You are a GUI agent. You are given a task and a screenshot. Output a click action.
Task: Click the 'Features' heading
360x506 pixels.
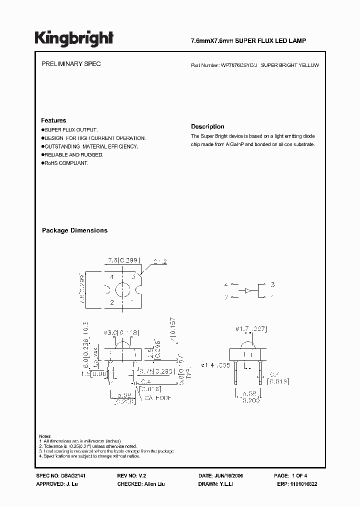coord(53,120)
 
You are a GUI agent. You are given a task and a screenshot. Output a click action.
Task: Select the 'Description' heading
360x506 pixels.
coord(207,126)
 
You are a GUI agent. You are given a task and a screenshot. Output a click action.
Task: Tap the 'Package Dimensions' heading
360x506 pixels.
coord(74,230)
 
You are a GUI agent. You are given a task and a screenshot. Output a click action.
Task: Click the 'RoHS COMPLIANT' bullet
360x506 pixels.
coord(66,163)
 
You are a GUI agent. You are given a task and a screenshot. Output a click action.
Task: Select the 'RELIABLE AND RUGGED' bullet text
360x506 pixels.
coord(73,155)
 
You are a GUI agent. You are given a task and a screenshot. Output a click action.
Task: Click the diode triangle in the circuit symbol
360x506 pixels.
coord(247,290)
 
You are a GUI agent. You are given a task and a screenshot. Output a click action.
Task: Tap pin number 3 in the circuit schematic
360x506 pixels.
coord(272,284)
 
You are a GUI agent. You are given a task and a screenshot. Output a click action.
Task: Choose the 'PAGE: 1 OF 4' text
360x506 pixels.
coord(292,476)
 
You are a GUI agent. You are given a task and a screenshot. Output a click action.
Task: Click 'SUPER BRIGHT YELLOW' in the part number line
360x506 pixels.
coord(290,65)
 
